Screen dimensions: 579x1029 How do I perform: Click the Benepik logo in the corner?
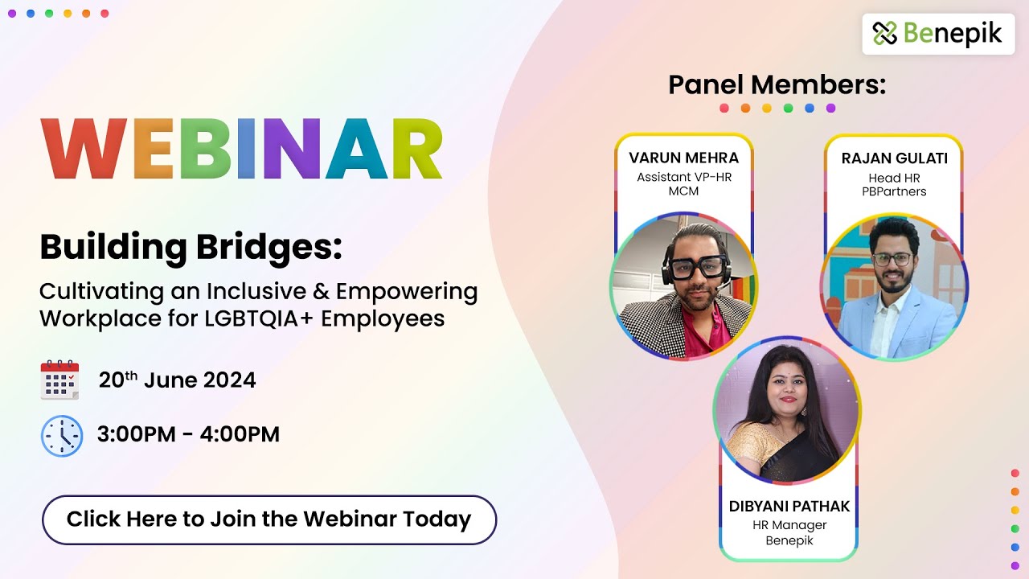tap(938, 34)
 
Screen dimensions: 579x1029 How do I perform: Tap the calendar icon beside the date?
tap(59, 380)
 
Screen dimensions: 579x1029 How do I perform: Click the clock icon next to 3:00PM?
tap(61, 436)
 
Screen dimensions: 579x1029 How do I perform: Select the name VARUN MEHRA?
tap(683, 158)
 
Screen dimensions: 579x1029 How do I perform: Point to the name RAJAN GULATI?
tap(894, 158)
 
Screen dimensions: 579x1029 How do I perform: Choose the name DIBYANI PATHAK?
tap(789, 507)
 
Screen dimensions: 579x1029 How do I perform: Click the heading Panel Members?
tap(777, 84)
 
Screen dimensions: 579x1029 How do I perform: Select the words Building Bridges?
tap(191, 248)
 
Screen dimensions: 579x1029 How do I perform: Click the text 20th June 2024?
tap(177, 380)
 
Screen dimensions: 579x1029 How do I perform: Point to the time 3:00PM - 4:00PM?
tap(188, 435)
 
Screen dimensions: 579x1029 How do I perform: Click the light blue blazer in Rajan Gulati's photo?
tap(924, 322)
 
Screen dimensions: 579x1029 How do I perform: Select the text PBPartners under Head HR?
tap(894, 191)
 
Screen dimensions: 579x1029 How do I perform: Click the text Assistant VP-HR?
tap(684, 177)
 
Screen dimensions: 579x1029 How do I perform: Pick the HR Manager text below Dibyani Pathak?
tap(789, 525)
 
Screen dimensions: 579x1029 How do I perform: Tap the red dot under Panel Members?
tap(724, 108)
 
